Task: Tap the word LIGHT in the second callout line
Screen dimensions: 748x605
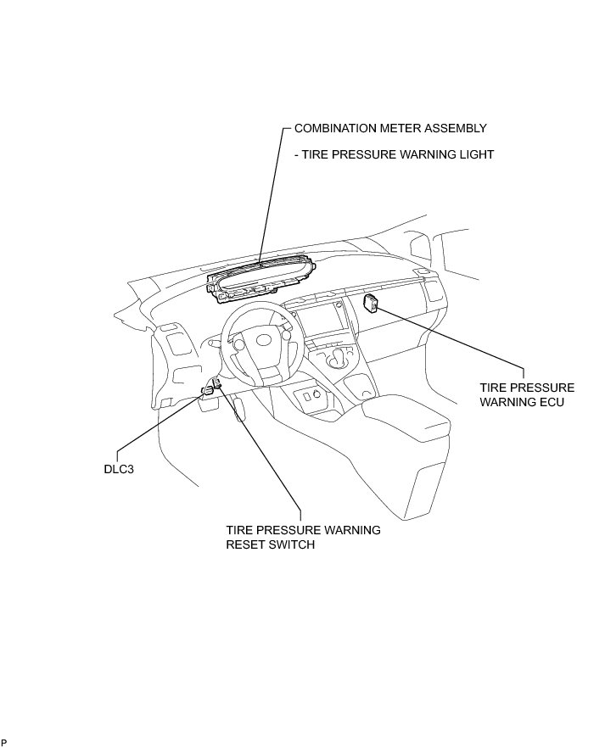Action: tap(476, 155)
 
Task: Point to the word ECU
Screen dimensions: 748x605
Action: tap(550, 401)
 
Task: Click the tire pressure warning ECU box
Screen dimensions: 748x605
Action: tap(371, 302)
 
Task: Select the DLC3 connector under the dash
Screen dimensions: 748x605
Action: tap(207, 390)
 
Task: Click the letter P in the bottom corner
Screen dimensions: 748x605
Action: tap(4, 742)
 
